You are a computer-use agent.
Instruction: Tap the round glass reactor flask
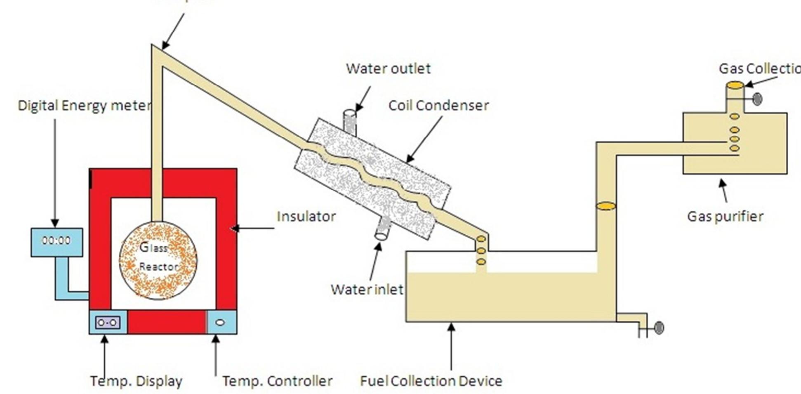point(158,260)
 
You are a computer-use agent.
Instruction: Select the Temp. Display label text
point(136,381)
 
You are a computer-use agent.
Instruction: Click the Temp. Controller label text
point(277,381)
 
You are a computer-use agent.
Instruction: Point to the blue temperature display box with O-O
point(108,322)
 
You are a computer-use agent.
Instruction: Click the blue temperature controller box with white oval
point(221,322)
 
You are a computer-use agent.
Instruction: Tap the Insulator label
point(306,216)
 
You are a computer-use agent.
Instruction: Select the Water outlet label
point(388,68)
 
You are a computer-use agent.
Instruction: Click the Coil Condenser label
point(438,106)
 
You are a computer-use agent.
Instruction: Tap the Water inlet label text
point(366,289)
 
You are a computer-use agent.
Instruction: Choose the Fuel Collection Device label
point(431,381)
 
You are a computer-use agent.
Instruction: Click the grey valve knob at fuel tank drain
point(659,328)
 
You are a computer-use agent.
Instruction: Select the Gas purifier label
point(725,216)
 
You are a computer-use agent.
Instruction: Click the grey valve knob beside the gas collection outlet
point(757,99)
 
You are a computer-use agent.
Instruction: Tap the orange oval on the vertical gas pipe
point(606,206)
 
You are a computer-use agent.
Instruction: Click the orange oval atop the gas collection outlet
point(735,85)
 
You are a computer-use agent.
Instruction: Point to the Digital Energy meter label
point(84,106)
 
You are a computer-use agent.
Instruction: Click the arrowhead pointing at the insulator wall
point(234,228)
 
